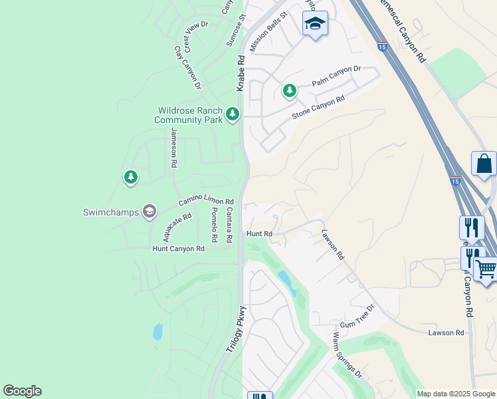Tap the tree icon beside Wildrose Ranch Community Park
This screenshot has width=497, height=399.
[232, 114]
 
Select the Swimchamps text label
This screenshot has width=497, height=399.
[110, 213]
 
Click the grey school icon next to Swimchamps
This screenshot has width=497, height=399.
[149, 212]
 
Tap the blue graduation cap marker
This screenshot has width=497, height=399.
[315, 24]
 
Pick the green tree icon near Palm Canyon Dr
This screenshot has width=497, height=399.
[289, 90]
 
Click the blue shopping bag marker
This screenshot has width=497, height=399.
[484, 164]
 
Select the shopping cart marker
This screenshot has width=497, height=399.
[486, 269]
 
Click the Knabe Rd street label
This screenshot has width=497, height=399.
[241, 73]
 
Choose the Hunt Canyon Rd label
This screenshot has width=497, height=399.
[178, 249]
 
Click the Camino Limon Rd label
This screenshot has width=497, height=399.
[206, 201]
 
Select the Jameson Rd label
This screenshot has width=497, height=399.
[173, 147]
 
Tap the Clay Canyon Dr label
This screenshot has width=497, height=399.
[188, 68]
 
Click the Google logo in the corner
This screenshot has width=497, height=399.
[22, 391]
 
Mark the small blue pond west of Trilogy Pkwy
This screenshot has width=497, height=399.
[157, 331]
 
